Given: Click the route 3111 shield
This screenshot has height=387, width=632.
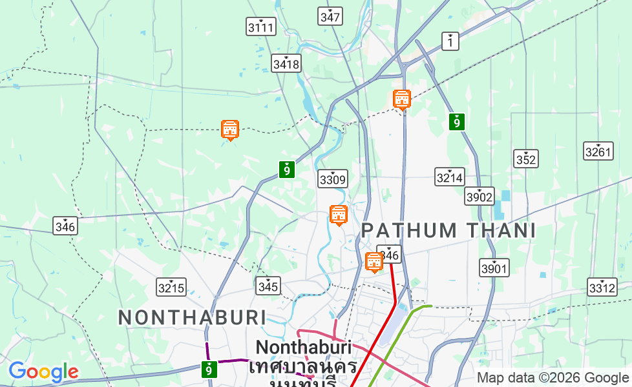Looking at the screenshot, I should click(261, 26).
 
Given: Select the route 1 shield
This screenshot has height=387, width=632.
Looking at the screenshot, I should click(450, 41).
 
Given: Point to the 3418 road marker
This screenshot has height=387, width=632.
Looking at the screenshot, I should click(286, 63).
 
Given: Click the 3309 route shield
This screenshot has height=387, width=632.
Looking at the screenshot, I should click(333, 179).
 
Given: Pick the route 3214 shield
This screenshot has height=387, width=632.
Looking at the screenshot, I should click(449, 177).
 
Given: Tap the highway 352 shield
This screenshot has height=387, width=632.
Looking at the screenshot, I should click(526, 159).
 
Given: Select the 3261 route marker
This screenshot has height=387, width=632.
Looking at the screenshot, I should click(598, 151).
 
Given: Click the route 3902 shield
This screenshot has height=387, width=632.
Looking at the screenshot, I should click(479, 196).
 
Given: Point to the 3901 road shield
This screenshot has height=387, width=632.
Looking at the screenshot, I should click(494, 267).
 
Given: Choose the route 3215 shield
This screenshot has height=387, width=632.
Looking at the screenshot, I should click(171, 287).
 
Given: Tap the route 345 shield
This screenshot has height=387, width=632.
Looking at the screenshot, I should click(268, 285).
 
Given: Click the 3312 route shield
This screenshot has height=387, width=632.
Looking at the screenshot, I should click(602, 287).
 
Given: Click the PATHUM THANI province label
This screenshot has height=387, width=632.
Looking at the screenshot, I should click(448, 230).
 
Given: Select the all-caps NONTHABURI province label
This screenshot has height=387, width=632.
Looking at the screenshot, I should click(193, 317).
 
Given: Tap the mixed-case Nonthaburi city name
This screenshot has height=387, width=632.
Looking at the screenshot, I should click(303, 348).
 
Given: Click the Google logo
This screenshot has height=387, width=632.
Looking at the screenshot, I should click(43, 372).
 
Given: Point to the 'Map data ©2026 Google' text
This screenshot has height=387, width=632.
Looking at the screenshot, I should click(553, 378).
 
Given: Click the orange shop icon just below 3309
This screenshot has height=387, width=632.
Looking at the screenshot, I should click(338, 215).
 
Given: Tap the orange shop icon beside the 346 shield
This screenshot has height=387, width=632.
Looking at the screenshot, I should click(374, 262).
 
